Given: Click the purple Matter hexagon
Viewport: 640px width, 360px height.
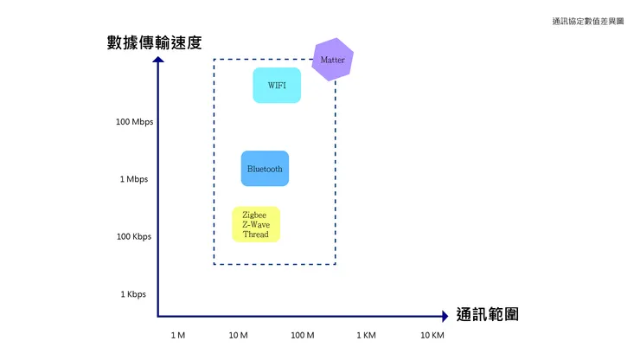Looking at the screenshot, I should (x=332, y=60).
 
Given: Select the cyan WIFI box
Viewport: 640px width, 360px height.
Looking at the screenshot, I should (x=277, y=86).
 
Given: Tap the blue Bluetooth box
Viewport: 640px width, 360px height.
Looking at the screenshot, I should (x=265, y=169).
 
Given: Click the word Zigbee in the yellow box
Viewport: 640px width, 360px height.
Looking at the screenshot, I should (x=255, y=215).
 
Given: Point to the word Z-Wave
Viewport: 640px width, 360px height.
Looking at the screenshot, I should (x=255, y=225).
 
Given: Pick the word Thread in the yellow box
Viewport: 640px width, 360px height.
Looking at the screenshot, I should (x=255, y=235).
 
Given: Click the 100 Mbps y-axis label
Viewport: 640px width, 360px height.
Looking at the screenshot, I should (x=134, y=122).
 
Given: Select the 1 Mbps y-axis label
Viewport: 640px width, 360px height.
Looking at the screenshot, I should (x=134, y=179).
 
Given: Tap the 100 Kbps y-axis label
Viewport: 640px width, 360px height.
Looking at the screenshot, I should (x=134, y=236).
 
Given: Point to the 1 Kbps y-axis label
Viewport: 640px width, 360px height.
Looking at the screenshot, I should (x=134, y=294).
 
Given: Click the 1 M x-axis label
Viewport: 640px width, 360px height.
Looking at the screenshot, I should (x=178, y=335).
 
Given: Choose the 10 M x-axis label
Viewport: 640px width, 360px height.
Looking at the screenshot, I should (x=239, y=335).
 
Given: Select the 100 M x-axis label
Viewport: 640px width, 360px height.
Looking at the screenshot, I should (x=302, y=335).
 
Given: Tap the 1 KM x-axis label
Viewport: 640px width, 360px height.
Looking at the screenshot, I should (x=366, y=335).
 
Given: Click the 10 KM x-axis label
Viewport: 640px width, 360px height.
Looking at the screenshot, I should (x=432, y=335).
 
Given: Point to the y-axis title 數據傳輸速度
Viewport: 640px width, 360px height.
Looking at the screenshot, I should (x=160, y=42).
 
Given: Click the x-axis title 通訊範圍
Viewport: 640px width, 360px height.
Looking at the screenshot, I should (x=487, y=315).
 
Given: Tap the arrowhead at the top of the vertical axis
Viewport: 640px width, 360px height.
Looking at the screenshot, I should (x=158, y=61).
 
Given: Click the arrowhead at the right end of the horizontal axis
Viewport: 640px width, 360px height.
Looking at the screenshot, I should (x=444, y=316).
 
